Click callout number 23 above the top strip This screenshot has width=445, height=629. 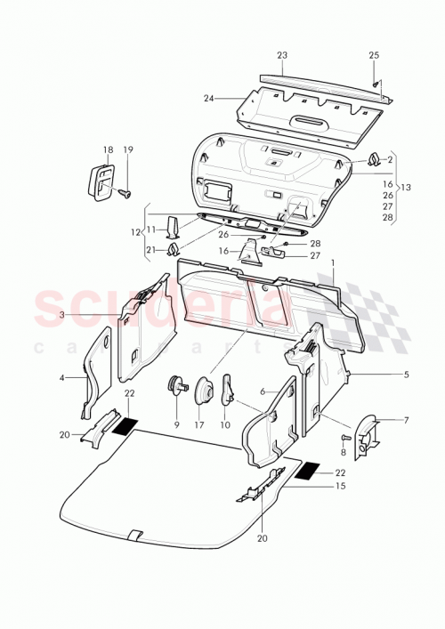click(282, 55)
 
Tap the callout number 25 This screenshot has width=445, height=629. click(374, 55)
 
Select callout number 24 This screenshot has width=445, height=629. click(209, 98)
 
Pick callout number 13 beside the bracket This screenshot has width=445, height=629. click(409, 188)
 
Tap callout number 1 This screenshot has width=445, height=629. click(333, 264)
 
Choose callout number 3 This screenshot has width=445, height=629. click(62, 315)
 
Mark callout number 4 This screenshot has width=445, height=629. click(62, 377)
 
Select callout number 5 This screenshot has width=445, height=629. click(406, 375)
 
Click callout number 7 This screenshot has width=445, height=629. click(406, 419)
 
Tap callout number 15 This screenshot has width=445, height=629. click(340, 487)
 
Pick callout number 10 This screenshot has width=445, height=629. click(223, 424)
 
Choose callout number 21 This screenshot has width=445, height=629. click(150, 249)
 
